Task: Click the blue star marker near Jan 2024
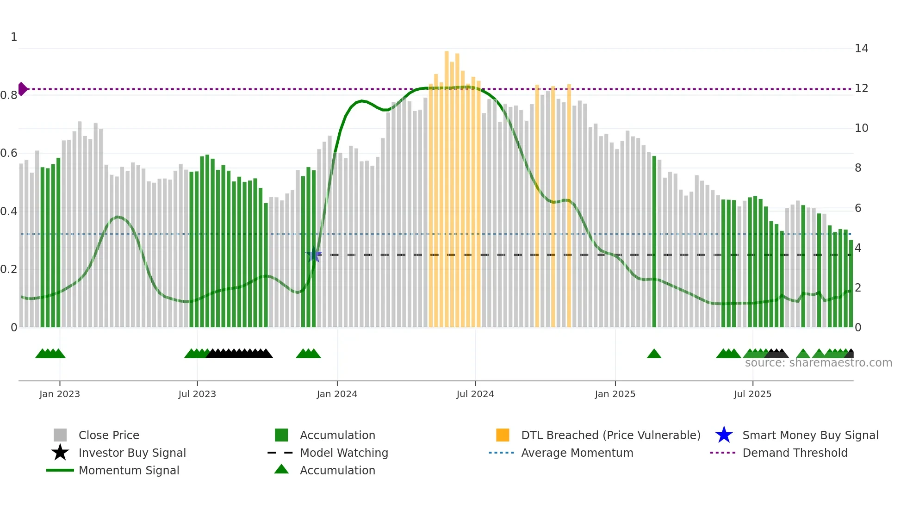pos(314,255)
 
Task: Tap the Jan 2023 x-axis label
pos(60,394)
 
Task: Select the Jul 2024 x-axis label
pos(475,394)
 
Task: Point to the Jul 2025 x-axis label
pos(752,394)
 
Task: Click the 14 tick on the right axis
pos(861,49)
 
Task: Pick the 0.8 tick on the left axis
pos(9,95)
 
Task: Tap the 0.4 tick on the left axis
pos(9,211)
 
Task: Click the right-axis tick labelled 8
pos(858,168)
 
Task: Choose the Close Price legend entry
pos(109,435)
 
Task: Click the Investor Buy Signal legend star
pos(60,453)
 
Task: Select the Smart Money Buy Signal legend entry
pos(810,435)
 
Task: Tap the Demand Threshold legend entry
pos(795,453)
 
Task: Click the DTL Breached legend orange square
pos(503,435)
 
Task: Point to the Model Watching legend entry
pos(344,453)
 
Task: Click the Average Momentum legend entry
pos(577,453)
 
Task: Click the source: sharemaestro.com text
pos(818,363)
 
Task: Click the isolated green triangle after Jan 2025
pos(654,354)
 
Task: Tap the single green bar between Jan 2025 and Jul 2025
pos(654,241)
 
